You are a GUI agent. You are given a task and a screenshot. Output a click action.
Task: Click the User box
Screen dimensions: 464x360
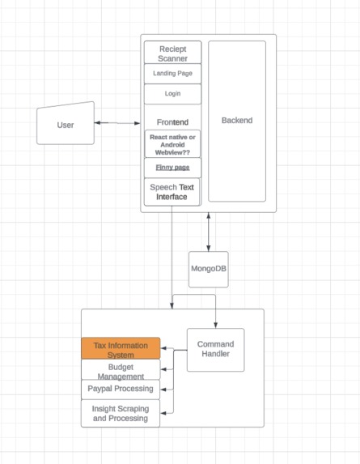(66, 124)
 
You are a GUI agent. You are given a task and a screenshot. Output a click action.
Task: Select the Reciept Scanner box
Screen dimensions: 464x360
(172, 53)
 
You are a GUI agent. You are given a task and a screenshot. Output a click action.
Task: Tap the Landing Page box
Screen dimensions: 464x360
(172, 73)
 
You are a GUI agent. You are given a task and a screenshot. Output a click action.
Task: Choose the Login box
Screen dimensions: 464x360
(172, 93)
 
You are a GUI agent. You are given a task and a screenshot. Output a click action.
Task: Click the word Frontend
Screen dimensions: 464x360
(172, 121)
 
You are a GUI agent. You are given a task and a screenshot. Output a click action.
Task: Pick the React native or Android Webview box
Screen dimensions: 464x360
(172, 143)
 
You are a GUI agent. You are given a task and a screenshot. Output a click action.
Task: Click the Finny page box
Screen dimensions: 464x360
(172, 167)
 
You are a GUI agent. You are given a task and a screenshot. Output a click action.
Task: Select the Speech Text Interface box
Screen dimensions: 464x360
(172, 192)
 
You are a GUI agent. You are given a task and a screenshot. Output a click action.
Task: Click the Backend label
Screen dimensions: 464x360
(237, 121)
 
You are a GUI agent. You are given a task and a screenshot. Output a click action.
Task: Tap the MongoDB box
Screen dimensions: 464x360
(208, 268)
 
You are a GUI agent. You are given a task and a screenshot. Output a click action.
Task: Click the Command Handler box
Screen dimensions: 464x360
(215, 350)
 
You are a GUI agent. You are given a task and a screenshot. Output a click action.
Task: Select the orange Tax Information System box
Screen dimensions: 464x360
(121, 349)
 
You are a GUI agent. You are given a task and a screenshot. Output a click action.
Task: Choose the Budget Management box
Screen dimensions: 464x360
(121, 371)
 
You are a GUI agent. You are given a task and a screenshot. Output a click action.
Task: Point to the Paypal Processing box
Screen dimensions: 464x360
(121, 389)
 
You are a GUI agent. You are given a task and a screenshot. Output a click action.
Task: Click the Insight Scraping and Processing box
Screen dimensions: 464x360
(121, 413)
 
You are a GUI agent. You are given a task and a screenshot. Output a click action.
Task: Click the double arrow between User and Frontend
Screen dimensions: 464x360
(118, 123)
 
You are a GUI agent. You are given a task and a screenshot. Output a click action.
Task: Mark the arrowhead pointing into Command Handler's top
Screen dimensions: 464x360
(215, 325)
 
